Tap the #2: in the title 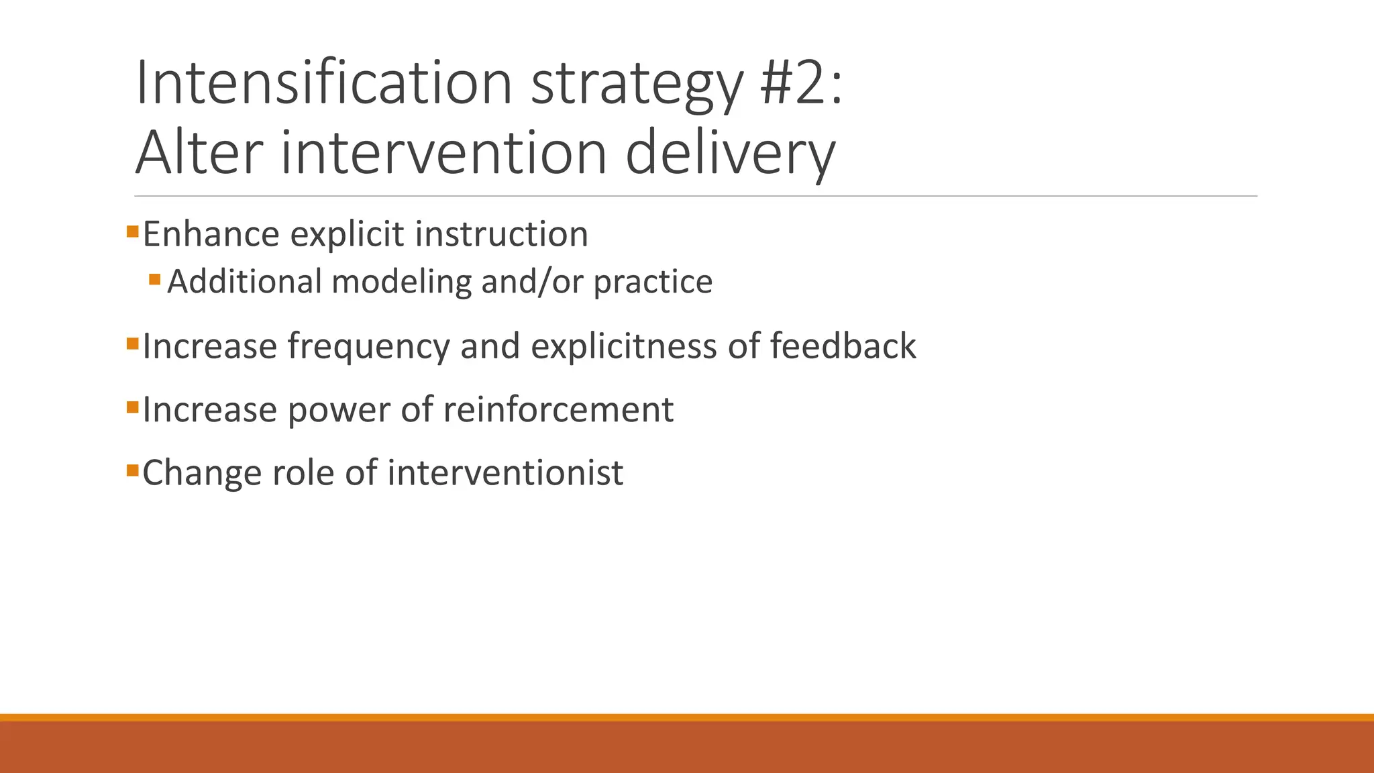click(x=801, y=84)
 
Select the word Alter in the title click(x=199, y=154)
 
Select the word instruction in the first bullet click(x=501, y=235)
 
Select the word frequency click(x=369, y=348)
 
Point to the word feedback click(x=843, y=346)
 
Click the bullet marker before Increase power click(x=132, y=407)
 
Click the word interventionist click(x=505, y=472)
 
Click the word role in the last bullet click(x=303, y=472)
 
